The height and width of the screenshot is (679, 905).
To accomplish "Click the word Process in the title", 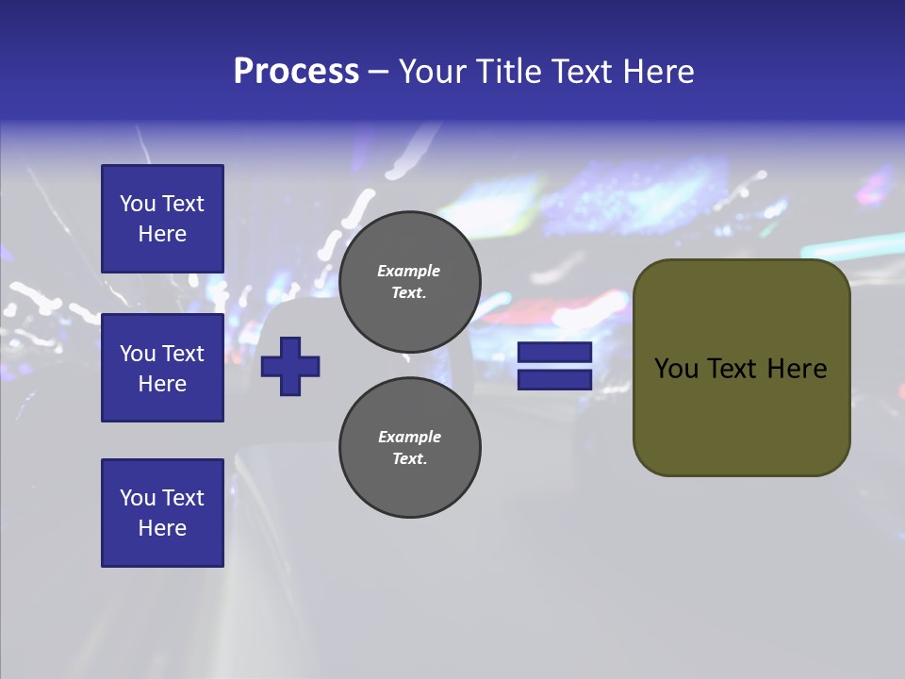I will pos(296,72).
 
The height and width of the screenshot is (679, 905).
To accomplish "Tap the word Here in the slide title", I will pos(657,72).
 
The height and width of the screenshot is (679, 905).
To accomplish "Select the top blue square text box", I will pos(162,219).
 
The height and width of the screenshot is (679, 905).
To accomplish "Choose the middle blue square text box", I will pos(162,368).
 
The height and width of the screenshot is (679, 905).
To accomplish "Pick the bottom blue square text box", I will pos(162,513).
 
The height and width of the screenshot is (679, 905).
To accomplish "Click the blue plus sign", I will pos(290,366).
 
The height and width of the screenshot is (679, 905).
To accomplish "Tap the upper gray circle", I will pos(410,282).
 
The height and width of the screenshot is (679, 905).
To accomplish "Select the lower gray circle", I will pos(410,448).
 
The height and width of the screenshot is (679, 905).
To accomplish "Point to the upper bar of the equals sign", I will pos(554,353).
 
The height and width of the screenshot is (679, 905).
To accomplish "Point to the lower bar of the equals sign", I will pos(554,379).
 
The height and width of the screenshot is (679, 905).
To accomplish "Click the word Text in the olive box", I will pos(735,369).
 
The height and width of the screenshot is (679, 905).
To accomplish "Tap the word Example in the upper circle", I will pos(408,271).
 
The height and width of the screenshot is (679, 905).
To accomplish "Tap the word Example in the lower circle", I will pos(409,437).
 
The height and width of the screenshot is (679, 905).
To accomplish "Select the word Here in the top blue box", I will pos(162,234).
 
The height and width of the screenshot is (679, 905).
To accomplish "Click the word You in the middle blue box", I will pos(138,354).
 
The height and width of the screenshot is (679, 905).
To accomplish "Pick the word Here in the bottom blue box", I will pos(162,528).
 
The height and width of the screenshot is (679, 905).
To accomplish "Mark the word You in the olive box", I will pos(676,369).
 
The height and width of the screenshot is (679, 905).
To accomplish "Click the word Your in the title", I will pos(430,72).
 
